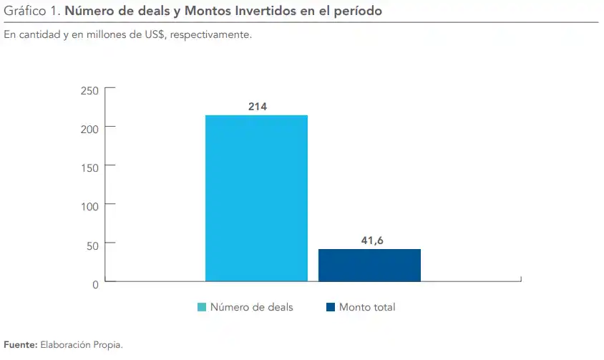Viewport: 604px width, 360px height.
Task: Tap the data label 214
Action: [x=258, y=107]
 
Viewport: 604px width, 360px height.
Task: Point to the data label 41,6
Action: [x=372, y=240]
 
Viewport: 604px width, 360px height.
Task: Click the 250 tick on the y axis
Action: [x=89, y=91]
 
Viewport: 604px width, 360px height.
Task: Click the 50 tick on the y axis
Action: [x=92, y=245]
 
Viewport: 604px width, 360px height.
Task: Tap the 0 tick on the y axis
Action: [x=95, y=284]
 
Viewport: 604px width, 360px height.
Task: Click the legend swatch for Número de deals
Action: [x=202, y=308]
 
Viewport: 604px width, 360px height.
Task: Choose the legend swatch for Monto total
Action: [x=331, y=308]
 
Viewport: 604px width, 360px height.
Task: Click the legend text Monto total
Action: [x=367, y=308]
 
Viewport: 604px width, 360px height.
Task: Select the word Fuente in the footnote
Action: [x=20, y=345]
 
